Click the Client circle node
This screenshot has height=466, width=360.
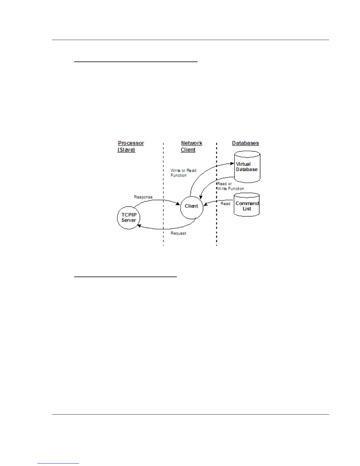pyautogui.click(x=191, y=208)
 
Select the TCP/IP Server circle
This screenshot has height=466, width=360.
pyautogui.click(x=129, y=218)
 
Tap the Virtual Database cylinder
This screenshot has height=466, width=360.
pyautogui.click(x=247, y=167)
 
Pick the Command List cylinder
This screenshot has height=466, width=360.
pyautogui.click(x=247, y=205)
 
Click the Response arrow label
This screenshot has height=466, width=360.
pyautogui.click(x=143, y=197)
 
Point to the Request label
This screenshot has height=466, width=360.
pyautogui.click(x=179, y=233)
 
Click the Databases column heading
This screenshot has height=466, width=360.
pyautogui.click(x=245, y=143)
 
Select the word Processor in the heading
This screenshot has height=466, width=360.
pyautogui.click(x=131, y=143)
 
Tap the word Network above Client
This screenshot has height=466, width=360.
pyautogui.click(x=191, y=143)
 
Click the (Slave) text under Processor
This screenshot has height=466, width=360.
pyautogui.click(x=126, y=150)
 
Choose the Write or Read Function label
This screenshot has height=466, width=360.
pyautogui.click(x=183, y=173)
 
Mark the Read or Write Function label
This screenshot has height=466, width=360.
pyautogui.click(x=230, y=186)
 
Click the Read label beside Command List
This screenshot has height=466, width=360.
pyautogui.click(x=225, y=204)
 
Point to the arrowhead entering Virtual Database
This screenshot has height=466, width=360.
pyautogui.click(x=232, y=164)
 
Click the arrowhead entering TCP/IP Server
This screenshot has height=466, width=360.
pyautogui.click(x=139, y=226)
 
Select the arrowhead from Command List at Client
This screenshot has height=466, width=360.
pyautogui.click(x=205, y=204)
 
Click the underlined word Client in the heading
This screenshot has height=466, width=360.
pyautogui.click(x=188, y=150)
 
